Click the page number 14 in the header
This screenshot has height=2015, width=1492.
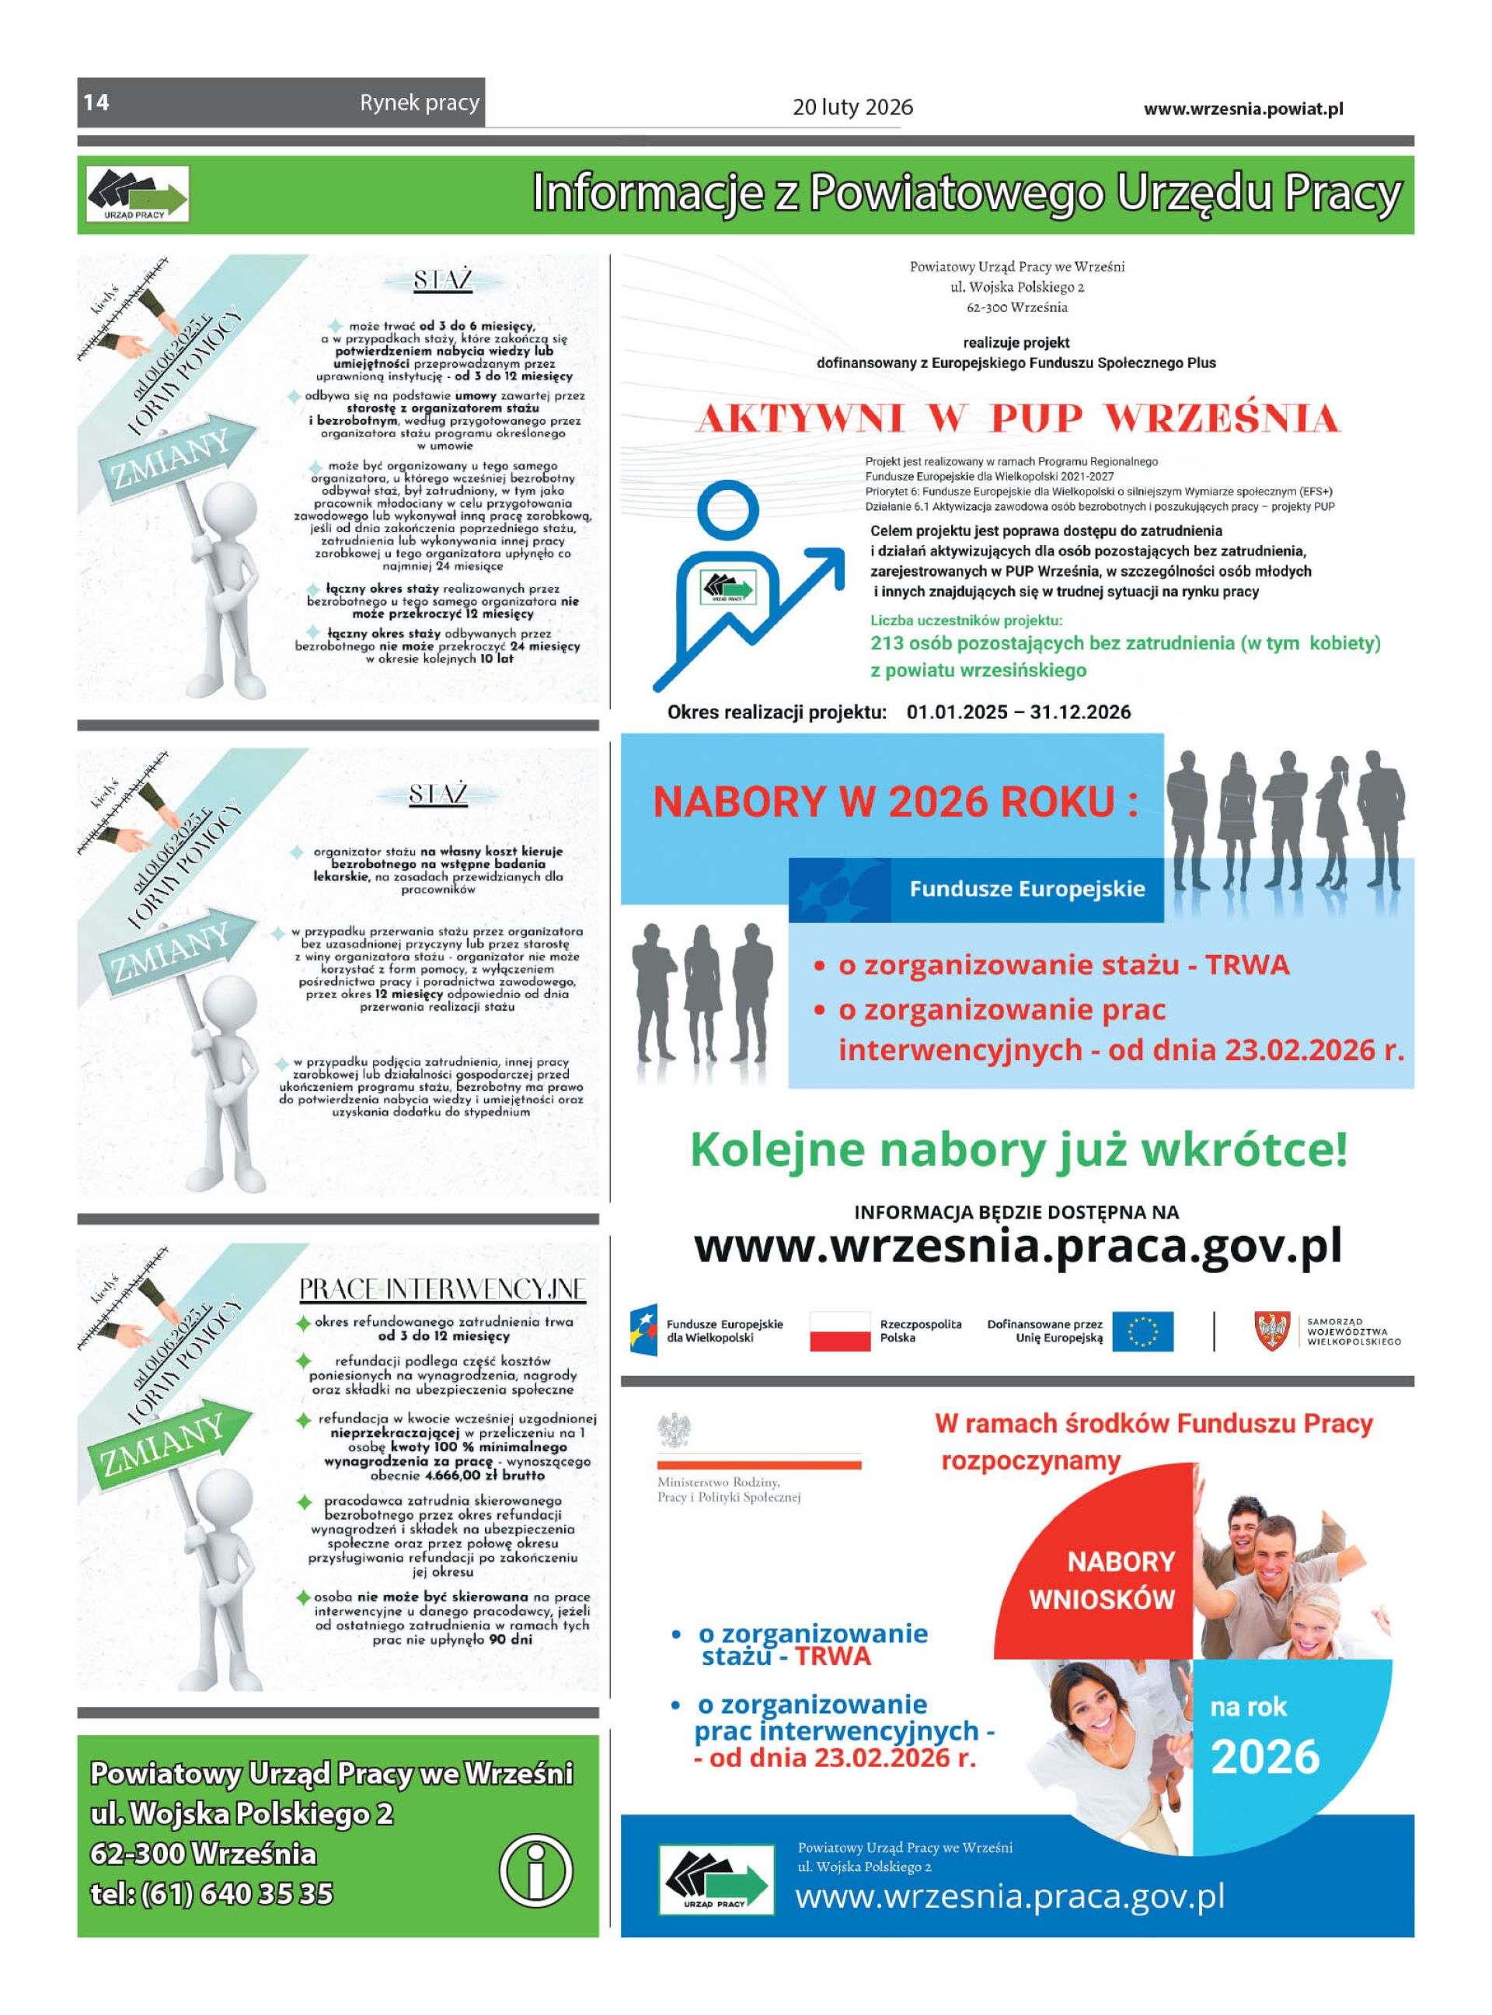click(x=96, y=102)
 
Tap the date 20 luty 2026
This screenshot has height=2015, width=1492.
click(x=852, y=107)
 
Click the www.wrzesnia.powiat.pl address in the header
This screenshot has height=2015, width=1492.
click(x=1243, y=108)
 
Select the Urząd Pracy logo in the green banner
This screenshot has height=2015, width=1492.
click(x=138, y=194)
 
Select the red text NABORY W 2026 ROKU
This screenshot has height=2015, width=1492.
click(x=894, y=803)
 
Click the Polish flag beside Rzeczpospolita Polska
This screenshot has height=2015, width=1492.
click(x=839, y=1331)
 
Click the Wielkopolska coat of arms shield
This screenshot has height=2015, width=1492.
click(x=1271, y=1331)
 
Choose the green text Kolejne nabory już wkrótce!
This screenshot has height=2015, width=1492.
click(x=1018, y=1150)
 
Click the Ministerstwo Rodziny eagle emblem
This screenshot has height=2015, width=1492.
click(x=675, y=1430)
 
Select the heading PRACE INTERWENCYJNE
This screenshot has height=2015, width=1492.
click(x=442, y=1289)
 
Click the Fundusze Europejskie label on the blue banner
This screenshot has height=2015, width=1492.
click(x=1027, y=888)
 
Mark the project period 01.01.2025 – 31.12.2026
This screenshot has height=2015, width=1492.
click(x=1018, y=712)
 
